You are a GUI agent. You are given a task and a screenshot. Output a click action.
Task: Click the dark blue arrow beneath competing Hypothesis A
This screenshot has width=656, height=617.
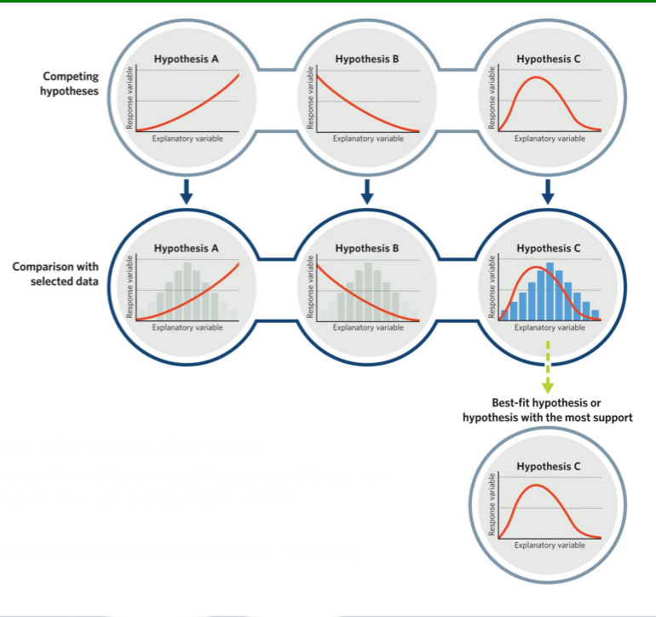tap(187, 193)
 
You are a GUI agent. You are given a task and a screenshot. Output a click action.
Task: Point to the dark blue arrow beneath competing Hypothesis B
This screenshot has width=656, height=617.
tap(367, 193)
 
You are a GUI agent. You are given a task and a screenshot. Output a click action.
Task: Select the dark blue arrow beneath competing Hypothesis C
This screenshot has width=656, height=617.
tap(548, 193)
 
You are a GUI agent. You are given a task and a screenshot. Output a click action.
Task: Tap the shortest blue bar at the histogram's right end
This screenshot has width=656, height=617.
tap(596, 314)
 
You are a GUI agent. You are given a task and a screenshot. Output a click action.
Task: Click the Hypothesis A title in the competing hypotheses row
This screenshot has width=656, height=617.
tap(187, 60)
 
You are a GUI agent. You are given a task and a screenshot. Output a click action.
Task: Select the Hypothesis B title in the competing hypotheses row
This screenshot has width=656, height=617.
tap(367, 60)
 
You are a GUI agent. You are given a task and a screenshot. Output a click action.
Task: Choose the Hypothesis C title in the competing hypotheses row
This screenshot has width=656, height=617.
tap(549, 60)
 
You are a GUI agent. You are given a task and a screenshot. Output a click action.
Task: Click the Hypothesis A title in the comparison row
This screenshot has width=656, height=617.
tap(187, 249)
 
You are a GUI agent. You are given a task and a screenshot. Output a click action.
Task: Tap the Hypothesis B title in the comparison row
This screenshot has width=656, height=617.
tap(367, 249)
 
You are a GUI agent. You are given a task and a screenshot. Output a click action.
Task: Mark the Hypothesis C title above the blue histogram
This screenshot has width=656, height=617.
tap(549, 249)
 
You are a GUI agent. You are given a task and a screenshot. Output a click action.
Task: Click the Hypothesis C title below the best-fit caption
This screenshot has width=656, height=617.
tap(549, 467)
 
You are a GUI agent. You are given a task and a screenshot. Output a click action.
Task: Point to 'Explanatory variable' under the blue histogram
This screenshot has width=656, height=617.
tap(550, 327)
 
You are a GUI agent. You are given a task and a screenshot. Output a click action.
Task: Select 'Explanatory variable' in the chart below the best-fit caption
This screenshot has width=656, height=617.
tap(550, 545)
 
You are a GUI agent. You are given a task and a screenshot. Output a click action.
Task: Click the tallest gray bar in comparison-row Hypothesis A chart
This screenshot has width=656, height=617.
tap(187, 291)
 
